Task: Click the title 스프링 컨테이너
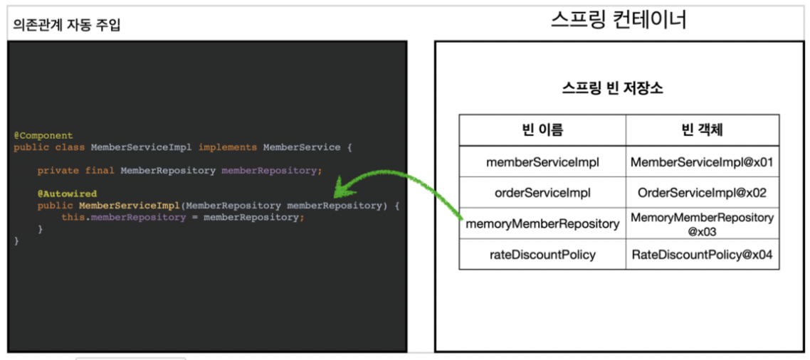[x=619, y=21]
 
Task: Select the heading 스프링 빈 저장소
[x=612, y=89]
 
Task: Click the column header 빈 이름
[x=542, y=130]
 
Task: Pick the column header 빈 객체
[x=702, y=130]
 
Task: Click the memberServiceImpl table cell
[x=542, y=162]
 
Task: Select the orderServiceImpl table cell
[x=542, y=193]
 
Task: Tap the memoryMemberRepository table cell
[x=542, y=224]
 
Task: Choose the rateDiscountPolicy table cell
[x=542, y=254]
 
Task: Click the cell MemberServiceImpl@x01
[x=702, y=162]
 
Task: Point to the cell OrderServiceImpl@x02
[x=702, y=193]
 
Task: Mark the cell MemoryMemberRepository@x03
[x=702, y=224]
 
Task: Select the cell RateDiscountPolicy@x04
[x=702, y=254]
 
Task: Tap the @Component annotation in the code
[x=43, y=135]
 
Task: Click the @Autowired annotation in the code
[x=67, y=194]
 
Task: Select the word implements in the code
[x=227, y=147]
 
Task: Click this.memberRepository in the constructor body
[x=123, y=217]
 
